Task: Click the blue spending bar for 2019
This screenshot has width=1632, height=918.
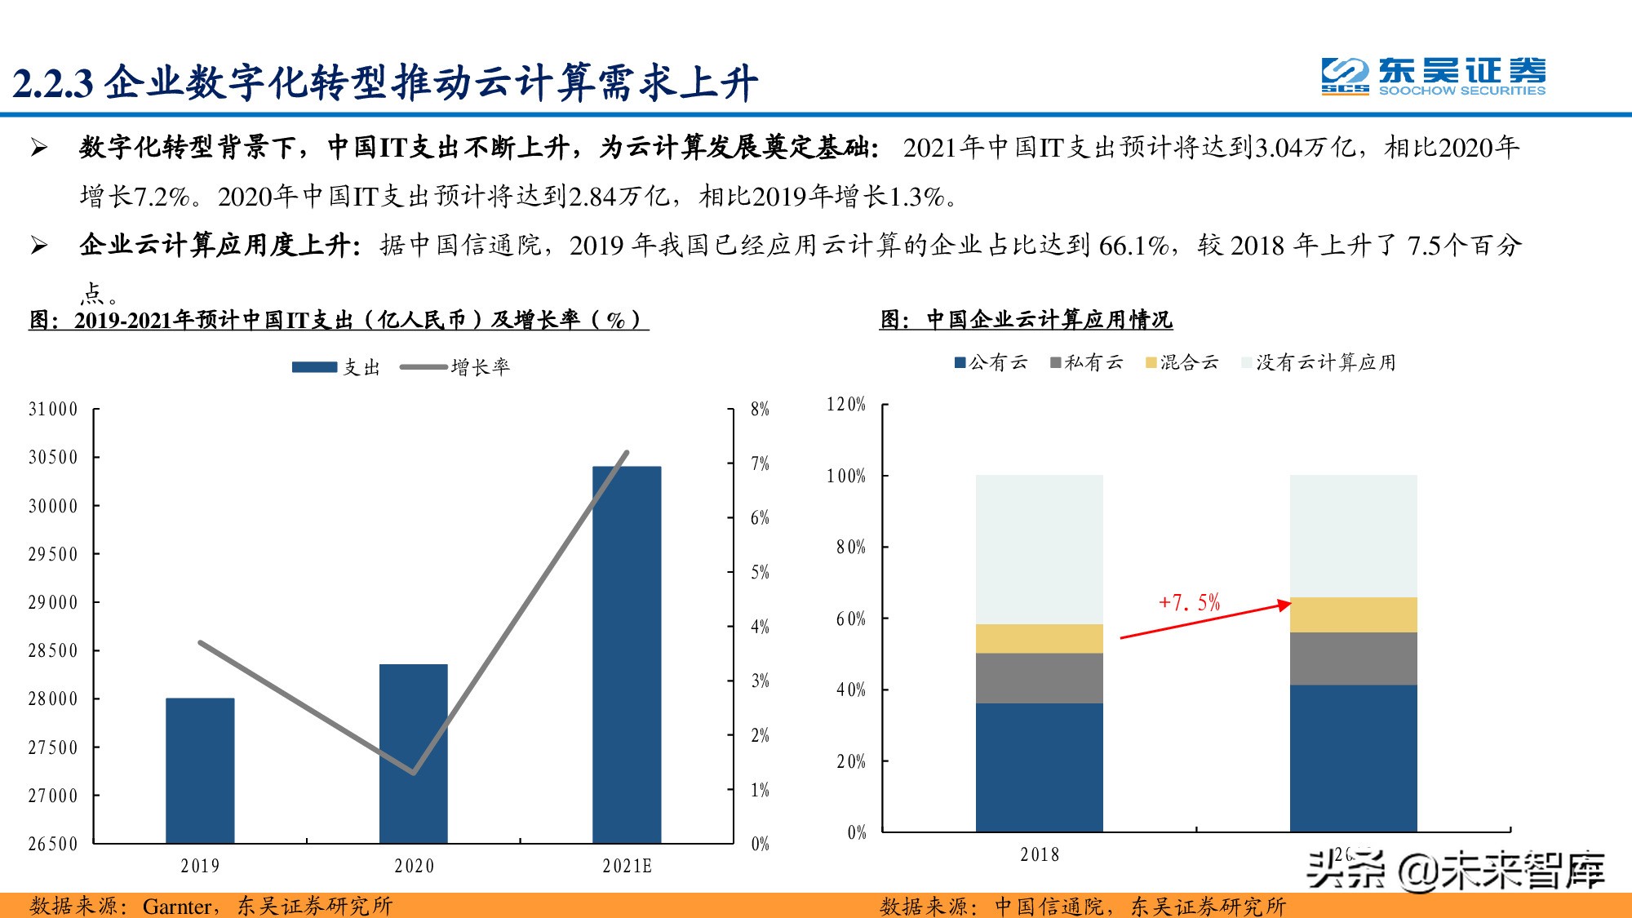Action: point(200,770)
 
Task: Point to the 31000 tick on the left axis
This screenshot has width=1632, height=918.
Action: point(53,410)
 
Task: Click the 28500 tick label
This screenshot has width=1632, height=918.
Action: point(53,651)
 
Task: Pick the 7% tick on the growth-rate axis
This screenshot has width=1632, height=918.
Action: point(760,464)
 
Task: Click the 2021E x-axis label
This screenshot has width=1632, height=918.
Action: point(627,867)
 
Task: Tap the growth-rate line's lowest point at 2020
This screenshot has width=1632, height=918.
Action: point(414,772)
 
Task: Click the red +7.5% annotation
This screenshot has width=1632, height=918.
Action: point(1189,603)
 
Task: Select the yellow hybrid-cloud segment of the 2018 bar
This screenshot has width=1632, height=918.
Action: point(1039,639)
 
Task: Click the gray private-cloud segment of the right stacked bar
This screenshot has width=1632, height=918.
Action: point(1353,659)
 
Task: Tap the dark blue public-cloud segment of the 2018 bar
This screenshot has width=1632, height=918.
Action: point(1039,767)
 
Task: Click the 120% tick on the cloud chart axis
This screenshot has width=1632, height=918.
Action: point(846,405)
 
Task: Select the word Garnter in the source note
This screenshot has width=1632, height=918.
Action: point(177,907)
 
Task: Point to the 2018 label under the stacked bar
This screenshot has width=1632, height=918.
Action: point(1039,855)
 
